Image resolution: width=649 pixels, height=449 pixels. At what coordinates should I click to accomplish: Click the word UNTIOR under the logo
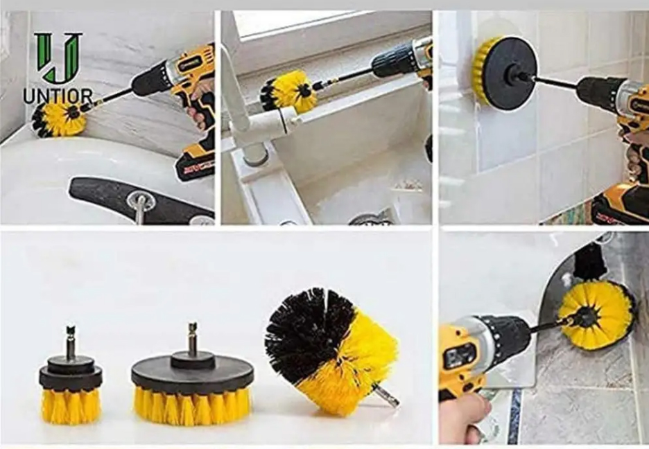(x=58, y=97)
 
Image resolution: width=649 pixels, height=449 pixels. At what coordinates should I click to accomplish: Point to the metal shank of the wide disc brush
(x=193, y=337)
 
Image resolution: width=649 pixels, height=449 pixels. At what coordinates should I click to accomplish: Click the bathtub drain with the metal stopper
(x=141, y=202)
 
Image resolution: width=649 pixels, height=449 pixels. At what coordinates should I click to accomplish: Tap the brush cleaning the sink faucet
(x=288, y=91)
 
